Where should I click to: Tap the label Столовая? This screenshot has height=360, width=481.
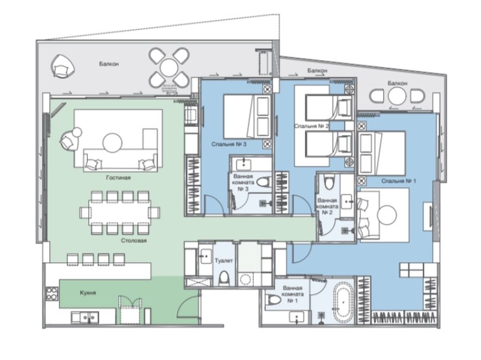tap(132, 240)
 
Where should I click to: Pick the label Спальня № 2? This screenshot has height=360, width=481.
tap(311, 126)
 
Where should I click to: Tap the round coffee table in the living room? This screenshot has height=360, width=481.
tap(112, 142)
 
